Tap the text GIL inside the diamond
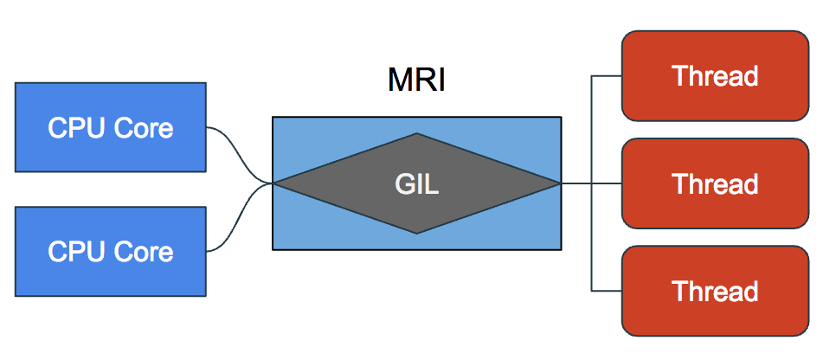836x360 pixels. point(416,184)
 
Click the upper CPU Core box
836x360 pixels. point(110,127)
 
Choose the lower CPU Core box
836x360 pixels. point(110,251)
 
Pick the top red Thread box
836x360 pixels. point(715,75)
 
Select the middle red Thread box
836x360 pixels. point(715,183)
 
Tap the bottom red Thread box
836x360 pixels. point(715,290)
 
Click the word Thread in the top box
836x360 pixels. point(715,76)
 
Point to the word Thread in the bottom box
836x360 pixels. point(715,291)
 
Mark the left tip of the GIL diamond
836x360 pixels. point(276,183)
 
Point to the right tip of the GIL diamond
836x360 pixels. point(558,183)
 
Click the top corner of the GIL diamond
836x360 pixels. point(416,134)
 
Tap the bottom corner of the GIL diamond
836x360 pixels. point(416,232)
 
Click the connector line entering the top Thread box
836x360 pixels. point(606,76)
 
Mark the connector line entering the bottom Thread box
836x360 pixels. point(606,290)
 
